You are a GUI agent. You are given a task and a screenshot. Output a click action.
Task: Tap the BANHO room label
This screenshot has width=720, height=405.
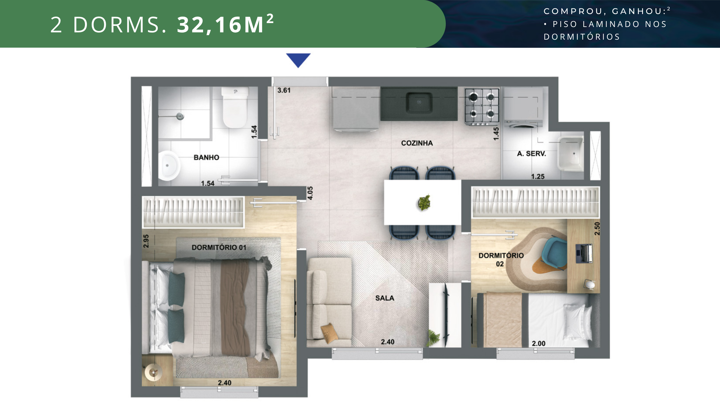click(x=206, y=157)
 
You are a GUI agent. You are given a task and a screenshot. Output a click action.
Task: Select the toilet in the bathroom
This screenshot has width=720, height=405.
click(x=235, y=107)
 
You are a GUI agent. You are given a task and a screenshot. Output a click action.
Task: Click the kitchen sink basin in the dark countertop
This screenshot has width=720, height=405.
click(x=419, y=102)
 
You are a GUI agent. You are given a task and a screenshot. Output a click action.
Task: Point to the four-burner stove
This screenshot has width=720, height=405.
click(x=482, y=107)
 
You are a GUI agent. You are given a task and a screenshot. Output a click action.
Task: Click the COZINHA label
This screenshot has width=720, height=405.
click(x=417, y=143)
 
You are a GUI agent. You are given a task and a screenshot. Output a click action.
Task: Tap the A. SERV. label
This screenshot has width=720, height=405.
click(x=531, y=154)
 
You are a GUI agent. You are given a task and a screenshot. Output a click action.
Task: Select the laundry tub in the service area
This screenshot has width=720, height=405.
click(x=570, y=154)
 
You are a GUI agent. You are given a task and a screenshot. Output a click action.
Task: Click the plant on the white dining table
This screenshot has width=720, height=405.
click(x=424, y=202)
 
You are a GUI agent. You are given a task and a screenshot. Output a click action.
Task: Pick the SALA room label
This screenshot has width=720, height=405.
click(x=385, y=298)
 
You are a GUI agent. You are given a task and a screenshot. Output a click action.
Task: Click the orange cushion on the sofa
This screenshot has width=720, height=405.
click(x=329, y=333)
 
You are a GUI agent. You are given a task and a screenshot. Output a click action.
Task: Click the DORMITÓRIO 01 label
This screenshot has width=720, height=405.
click(x=219, y=247)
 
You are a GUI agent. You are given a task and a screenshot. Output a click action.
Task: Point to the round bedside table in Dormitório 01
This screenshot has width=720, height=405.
click(x=153, y=372)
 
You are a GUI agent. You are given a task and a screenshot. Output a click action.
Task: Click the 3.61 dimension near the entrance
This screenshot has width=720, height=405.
click(x=284, y=90)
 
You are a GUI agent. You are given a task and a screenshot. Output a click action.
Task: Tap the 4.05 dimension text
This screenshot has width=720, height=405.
click(x=310, y=193)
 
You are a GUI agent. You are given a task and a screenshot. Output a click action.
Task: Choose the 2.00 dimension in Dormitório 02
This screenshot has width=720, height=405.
click(x=539, y=343)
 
